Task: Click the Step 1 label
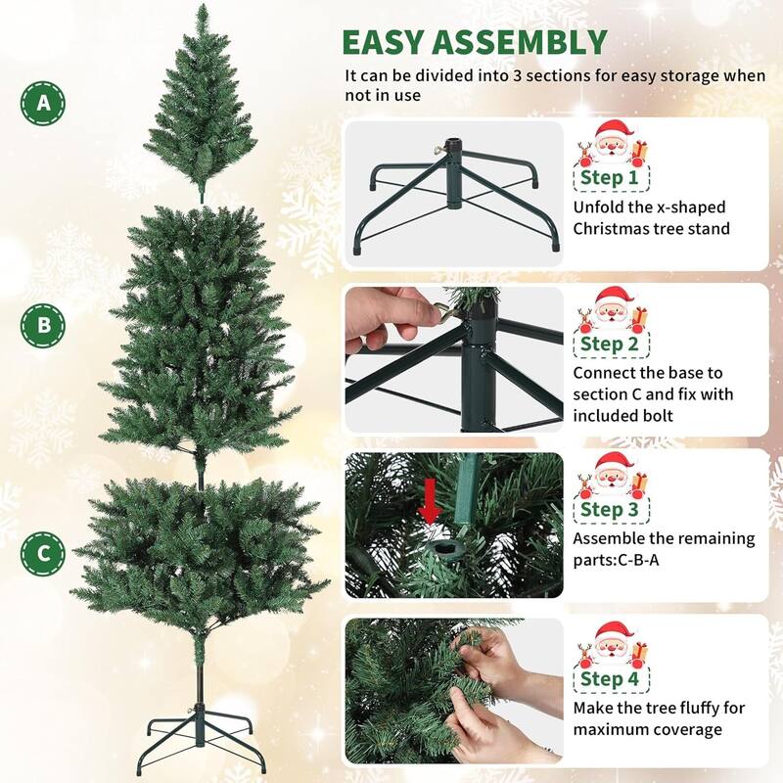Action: click(610, 178)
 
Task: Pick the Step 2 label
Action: click(610, 344)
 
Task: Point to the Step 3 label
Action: click(610, 509)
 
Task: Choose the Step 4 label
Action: click(610, 678)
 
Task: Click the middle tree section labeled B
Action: click(201, 333)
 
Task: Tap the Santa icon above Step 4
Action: click(612, 644)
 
